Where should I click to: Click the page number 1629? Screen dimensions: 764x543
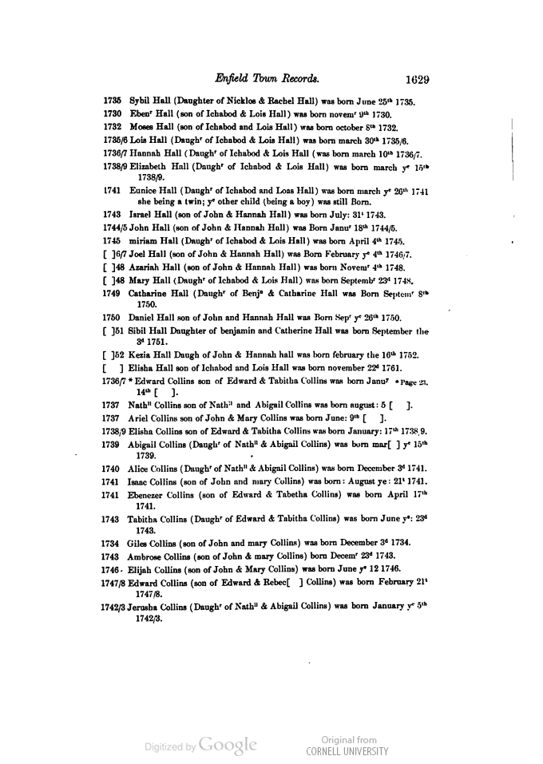click(417, 79)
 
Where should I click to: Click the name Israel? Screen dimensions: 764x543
click(141, 215)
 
